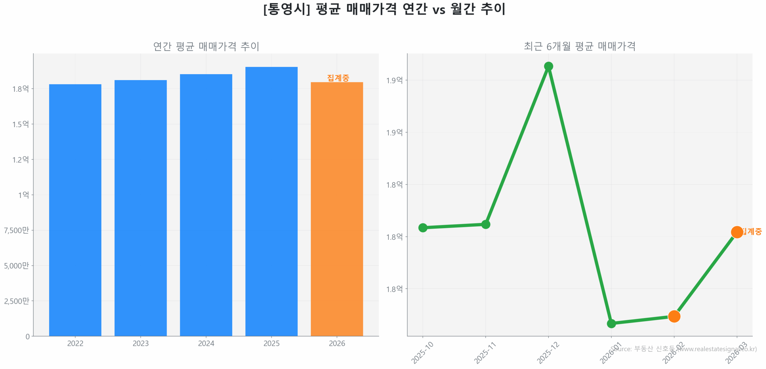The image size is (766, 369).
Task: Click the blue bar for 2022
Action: (x=75, y=209)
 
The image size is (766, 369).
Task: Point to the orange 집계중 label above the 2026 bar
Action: (x=338, y=78)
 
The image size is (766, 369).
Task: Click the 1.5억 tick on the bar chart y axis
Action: (x=20, y=124)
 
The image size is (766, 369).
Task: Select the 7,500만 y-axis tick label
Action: (x=16, y=230)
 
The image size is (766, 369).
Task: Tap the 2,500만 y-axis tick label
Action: (x=16, y=301)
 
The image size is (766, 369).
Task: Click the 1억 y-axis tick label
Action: (x=23, y=195)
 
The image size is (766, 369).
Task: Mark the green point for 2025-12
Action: (x=548, y=66)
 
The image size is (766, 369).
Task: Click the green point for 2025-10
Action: (x=422, y=228)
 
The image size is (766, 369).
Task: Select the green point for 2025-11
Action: (x=485, y=224)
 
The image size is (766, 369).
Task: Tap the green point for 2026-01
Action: (x=611, y=323)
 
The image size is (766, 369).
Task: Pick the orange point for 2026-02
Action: (x=674, y=316)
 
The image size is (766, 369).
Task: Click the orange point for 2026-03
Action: (x=737, y=232)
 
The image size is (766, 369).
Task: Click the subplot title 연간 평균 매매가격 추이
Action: (x=206, y=46)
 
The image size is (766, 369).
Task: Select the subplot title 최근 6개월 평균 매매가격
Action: (x=579, y=46)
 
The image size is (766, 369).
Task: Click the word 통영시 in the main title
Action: (x=286, y=9)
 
